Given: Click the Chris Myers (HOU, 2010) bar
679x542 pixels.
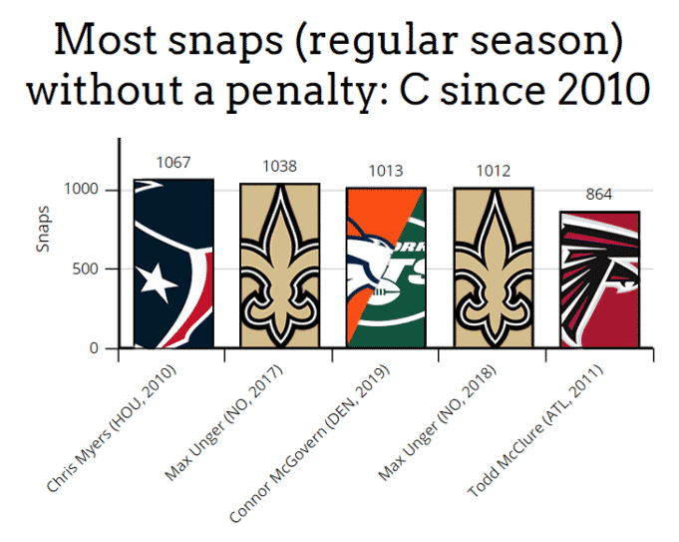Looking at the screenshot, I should click(x=173, y=264).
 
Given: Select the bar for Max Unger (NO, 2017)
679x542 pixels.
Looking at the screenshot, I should click(x=280, y=266).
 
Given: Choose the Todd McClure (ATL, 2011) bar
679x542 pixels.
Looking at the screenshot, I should click(x=599, y=279).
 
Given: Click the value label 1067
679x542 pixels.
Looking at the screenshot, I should click(x=173, y=163).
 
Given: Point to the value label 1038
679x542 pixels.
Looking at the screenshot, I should click(x=280, y=167).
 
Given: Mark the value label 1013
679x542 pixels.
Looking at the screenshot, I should click(x=386, y=171).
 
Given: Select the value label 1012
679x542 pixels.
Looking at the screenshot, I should click(x=493, y=171).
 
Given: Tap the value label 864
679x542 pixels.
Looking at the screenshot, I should click(x=599, y=195).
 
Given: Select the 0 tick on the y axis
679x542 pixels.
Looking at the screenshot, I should click(x=97, y=348).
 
